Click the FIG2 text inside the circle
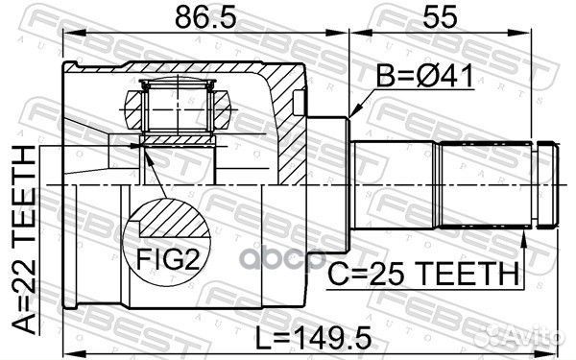168,260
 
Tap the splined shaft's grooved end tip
548,183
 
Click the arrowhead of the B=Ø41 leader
351,118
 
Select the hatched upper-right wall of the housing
288,106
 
